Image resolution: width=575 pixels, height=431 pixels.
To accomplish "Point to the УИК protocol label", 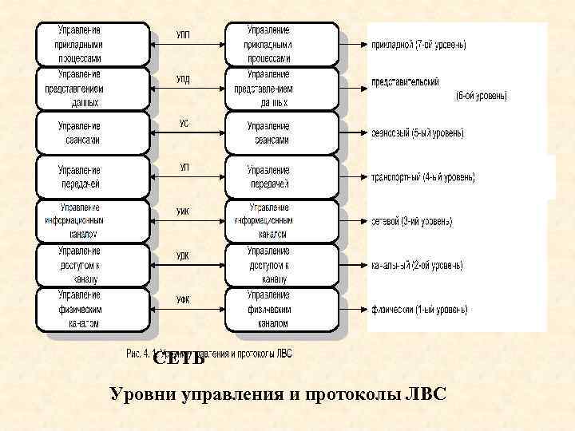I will point(183,211).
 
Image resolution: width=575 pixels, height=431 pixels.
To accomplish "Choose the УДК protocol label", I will point(183,255).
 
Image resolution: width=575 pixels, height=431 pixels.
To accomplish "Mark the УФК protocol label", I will point(183,299).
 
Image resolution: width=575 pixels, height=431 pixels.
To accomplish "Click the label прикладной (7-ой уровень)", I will point(419,45).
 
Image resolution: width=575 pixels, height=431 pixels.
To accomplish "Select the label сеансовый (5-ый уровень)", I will point(418,133).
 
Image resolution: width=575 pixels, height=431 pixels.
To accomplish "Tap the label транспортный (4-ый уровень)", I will point(423,176).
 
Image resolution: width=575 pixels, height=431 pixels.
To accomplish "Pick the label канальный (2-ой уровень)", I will point(417,265).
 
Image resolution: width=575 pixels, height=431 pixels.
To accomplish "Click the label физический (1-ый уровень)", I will point(419,309).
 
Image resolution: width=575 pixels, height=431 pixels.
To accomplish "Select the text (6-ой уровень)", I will point(481,96).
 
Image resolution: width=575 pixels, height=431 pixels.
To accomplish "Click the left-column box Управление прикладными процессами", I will point(93,44).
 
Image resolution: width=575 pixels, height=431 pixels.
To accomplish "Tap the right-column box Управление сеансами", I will point(282,132).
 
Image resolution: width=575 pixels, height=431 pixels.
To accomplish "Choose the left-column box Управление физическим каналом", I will point(93,309).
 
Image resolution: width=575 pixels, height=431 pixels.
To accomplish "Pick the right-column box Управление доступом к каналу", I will point(282,265).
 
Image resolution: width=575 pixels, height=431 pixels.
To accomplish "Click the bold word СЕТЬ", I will point(179,358).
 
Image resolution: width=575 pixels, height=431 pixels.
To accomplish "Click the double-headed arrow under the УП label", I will point(188,176).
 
